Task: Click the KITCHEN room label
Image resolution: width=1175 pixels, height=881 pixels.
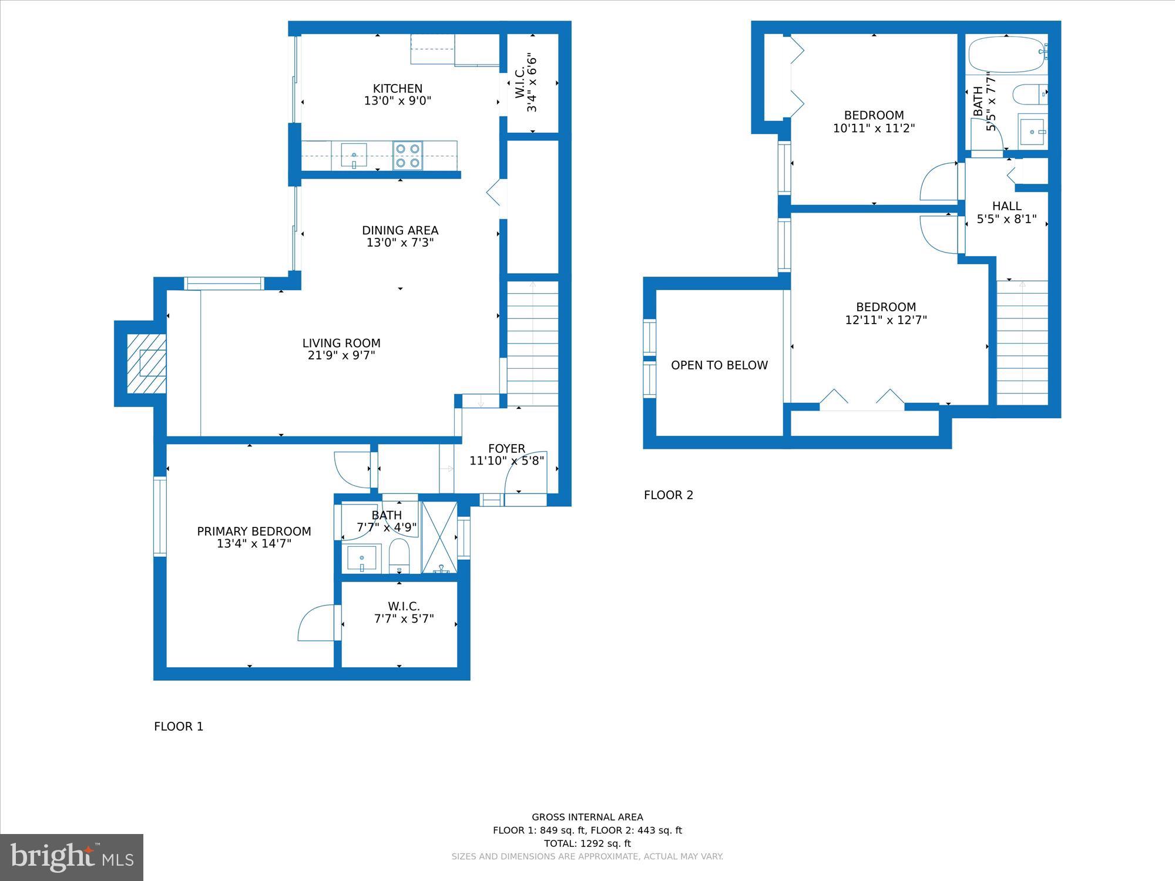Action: (x=398, y=89)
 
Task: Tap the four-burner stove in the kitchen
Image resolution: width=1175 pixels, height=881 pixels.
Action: (x=408, y=156)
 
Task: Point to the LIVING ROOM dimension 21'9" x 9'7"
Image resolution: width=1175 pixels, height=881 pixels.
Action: (x=341, y=355)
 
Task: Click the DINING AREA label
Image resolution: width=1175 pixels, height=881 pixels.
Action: (x=399, y=230)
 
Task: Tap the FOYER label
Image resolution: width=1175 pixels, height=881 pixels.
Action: (x=506, y=448)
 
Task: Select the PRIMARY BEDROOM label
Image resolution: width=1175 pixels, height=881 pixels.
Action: (x=254, y=532)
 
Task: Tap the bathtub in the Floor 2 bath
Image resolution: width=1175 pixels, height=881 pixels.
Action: (x=1007, y=54)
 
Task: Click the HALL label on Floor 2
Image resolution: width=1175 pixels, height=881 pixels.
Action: (x=1006, y=206)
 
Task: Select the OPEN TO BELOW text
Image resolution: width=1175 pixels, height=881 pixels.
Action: (x=719, y=365)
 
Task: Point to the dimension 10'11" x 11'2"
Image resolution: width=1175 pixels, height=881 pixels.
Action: (x=874, y=128)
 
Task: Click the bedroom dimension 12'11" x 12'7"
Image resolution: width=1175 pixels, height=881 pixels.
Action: (x=885, y=320)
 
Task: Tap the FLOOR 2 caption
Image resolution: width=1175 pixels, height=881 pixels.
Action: (x=668, y=495)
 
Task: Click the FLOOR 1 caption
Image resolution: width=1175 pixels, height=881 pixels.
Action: (x=179, y=727)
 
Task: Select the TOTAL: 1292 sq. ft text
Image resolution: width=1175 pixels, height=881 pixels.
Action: (x=587, y=843)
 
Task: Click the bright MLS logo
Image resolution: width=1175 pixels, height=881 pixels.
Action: (x=72, y=858)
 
